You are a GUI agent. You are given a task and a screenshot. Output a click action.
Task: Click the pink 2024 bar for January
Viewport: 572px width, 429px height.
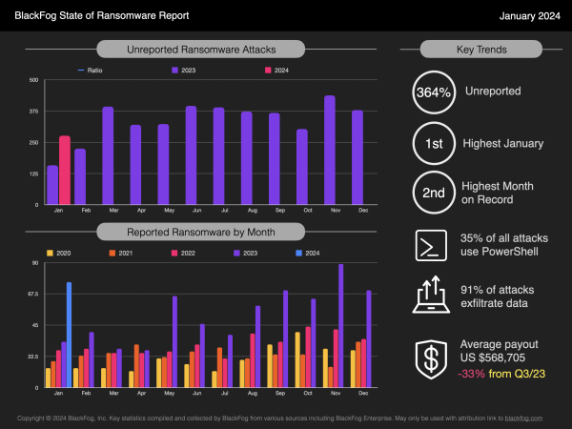pyautogui.click(x=65, y=171)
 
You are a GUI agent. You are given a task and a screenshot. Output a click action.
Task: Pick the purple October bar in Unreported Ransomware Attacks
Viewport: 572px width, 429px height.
pyautogui.click(x=302, y=168)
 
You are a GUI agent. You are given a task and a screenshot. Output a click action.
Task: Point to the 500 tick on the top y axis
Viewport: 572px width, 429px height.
pyautogui.click(x=33, y=80)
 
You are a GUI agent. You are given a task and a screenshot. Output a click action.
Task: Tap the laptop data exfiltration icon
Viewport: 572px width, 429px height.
pyautogui.click(x=433, y=296)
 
